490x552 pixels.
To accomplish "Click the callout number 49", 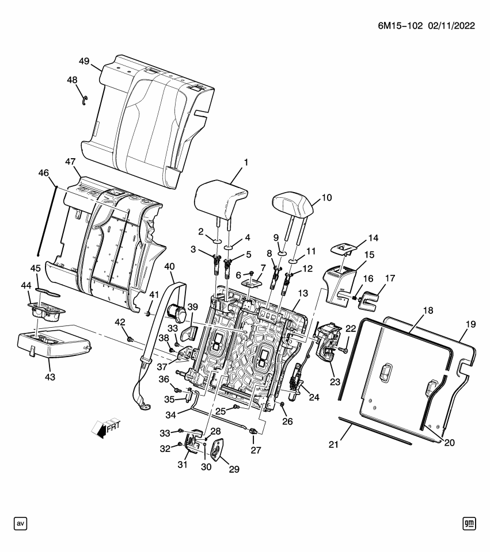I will [x=84, y=62].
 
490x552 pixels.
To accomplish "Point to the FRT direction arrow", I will [x=106, y=427].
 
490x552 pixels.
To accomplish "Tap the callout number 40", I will [x=169, y=266].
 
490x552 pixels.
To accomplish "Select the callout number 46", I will [x=44, y=172].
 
